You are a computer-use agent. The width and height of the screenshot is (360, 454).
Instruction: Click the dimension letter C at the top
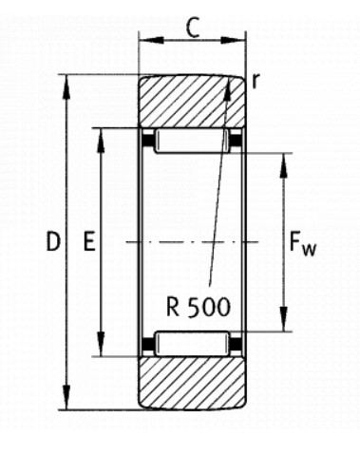point(193,28)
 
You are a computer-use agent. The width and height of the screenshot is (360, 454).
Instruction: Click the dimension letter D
point(53,241)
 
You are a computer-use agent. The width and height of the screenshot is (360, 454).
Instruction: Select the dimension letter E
point(89,241)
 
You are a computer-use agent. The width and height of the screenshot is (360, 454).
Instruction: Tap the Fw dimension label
point(302,244)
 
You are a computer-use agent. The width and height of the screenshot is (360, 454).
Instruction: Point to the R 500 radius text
point(199,307)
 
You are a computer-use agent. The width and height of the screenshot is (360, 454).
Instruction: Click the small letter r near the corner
point(256,81)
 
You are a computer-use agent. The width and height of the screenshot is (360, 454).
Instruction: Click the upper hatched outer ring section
point(192,102)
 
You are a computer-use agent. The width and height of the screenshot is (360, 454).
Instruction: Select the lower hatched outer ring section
point(192,383)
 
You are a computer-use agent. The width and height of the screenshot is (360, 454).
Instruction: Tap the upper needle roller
point(192,141)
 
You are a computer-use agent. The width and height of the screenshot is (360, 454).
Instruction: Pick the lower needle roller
point(192,344)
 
